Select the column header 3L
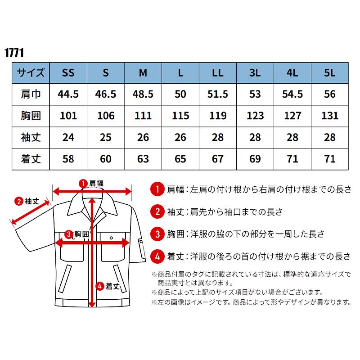255,73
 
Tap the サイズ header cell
31,73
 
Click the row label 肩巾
31,94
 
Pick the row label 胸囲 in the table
31,116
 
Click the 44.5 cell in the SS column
68,94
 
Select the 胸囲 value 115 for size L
180,116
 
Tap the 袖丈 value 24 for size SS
68,137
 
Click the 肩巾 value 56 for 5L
330,94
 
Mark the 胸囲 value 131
330,116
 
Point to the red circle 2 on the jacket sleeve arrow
19,201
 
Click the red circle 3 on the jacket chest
68,234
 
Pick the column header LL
218,73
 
